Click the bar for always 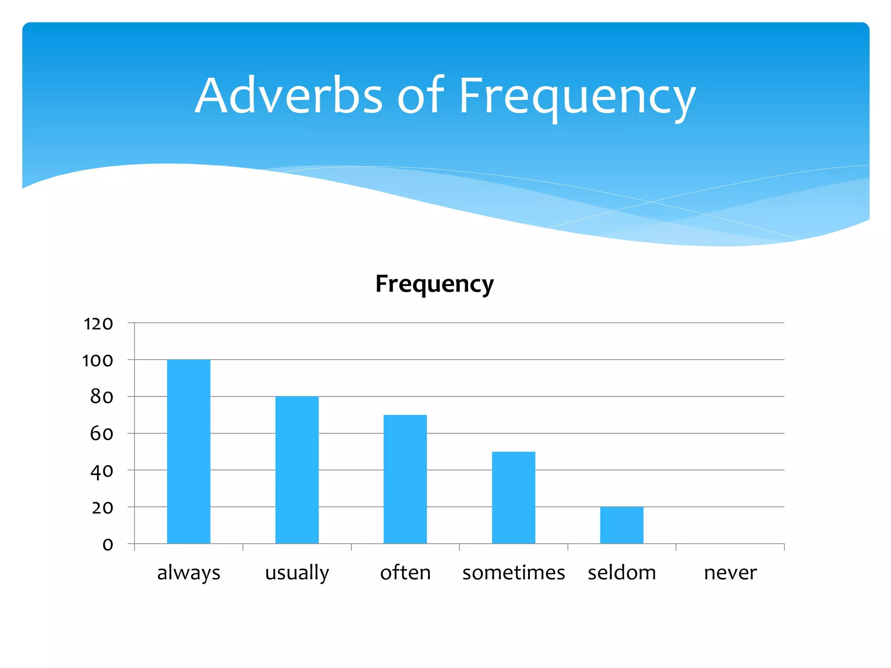click(x=188, y=451)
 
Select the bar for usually click(x=297, y=470)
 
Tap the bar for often click(x=405, y=479)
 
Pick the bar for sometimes click(x=513, y=498)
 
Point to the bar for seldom click(x=622, y=525)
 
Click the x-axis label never click(x=730, y=572)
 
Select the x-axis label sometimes click(x=513, y=572)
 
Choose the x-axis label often click(x=405, y=572)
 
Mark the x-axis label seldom click(x=622, y=572)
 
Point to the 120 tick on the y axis click(x=98, y=324)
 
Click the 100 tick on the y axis click(x=97, y=360)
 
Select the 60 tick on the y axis click(x=101, y=434)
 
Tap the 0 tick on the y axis click(x=107, y=544)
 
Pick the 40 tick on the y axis click(x=101, y=471)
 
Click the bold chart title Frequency click(x=434, y=284)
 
